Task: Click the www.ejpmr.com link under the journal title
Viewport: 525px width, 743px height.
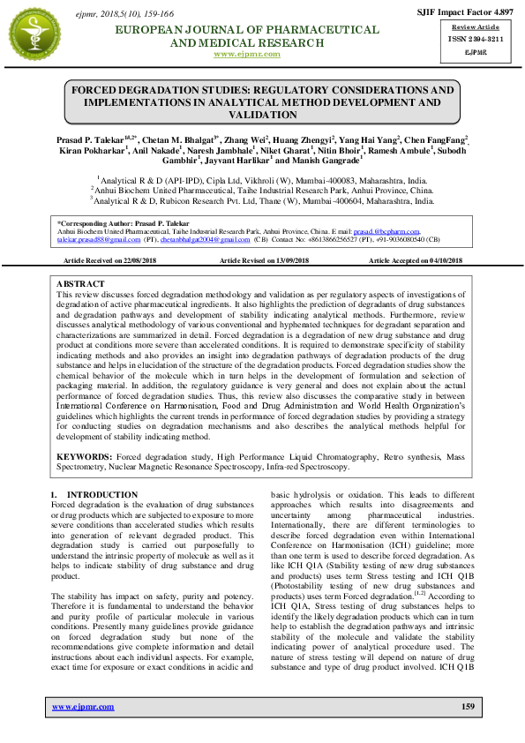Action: click(x=247, y=54)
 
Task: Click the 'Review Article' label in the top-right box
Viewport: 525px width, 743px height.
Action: click(x=475, y=29)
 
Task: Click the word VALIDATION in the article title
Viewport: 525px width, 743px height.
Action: click(x=261, y=115)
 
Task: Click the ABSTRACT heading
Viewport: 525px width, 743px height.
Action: click(x=81, y=284)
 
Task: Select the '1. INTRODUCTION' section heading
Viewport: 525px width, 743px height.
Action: click(x=93, y=494)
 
